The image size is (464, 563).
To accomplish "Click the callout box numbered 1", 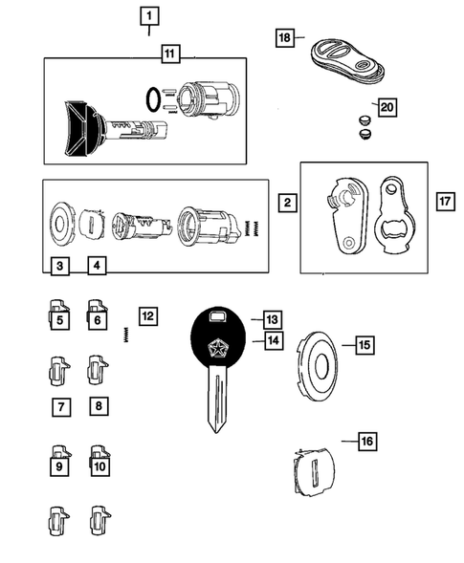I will coord(148,15).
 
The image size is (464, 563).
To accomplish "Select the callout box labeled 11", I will coord(168,54).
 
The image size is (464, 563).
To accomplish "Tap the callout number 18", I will coord(285,37).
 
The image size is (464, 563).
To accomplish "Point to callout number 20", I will coord(387,108).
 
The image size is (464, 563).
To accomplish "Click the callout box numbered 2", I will coord(285,202).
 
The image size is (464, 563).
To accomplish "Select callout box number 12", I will coord(146,314).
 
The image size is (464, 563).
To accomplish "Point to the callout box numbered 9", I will coord(59,467).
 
